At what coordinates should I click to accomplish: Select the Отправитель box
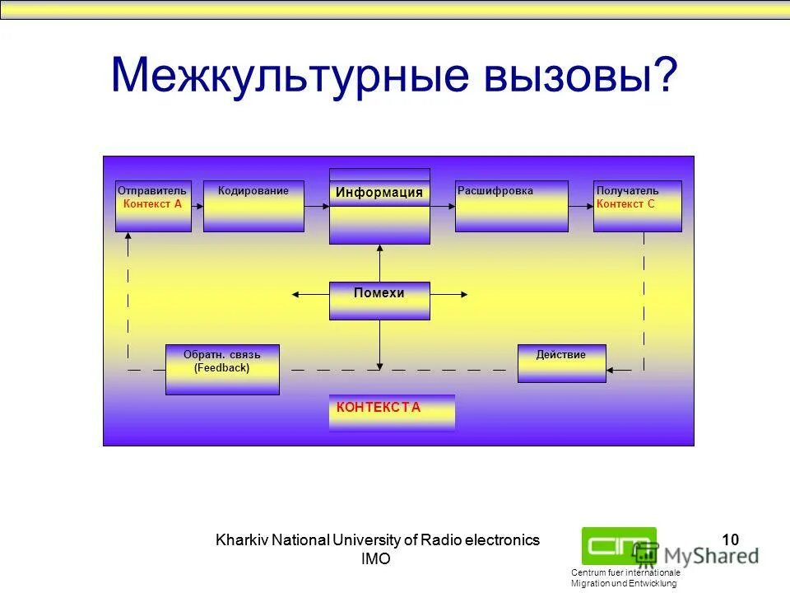(153, 206)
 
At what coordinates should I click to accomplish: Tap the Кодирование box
(253, 206)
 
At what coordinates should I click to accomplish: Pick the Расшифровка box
(511, 206)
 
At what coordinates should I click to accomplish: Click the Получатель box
(637, 206)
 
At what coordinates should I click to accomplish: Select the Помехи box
(379, 301)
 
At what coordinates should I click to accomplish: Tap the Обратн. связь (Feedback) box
(222, 370)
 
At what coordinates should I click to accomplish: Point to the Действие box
(561, 363)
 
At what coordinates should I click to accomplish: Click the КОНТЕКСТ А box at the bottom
(392, 412)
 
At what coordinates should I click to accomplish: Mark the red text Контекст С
(625, 203)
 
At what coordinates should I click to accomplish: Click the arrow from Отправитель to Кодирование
(197, 206)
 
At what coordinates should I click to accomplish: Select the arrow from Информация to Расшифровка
(443, 206)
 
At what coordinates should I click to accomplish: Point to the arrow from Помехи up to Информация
(379, 264)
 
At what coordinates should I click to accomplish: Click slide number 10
(730, 540)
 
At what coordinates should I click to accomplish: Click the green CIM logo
(619, 544)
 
